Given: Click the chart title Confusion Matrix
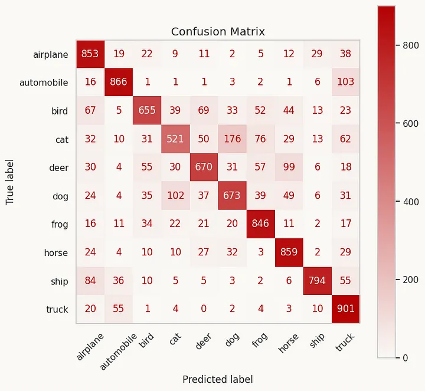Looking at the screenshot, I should [218, 32].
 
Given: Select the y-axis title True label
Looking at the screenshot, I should [10, 182].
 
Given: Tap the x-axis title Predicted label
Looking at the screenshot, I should [218, 379].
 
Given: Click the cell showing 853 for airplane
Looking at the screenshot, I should [90, 54].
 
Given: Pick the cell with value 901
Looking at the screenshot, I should [345, 309].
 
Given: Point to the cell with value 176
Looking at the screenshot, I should [232, 139].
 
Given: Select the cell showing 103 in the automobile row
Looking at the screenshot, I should [345, 83].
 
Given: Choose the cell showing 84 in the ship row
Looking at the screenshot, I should [90, 281].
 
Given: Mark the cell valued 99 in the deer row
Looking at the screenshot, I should [289, 167].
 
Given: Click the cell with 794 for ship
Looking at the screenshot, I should [317, 281].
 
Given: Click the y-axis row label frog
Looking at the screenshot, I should [60, 224].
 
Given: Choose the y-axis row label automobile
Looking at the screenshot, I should [44, 83].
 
